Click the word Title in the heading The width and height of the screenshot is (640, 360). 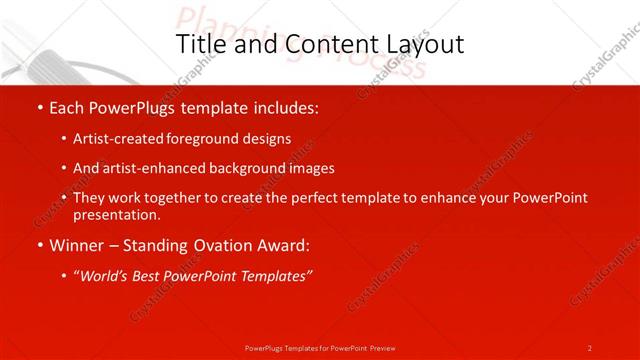click(x=200, y=44)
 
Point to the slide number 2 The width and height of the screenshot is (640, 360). click(x=590, y=348)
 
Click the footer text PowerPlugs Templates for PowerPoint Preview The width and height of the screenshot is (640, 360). click(x=320, y=348)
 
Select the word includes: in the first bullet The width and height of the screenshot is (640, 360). click(x=284, y=105)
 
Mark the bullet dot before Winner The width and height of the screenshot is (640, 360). click(x=39, y=245)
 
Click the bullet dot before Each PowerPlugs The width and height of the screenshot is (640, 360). click(x=39, y=106)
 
